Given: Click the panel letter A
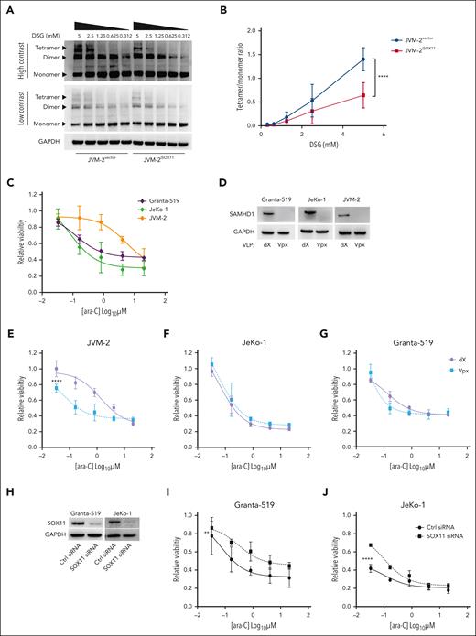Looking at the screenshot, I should tap(9, 8).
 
